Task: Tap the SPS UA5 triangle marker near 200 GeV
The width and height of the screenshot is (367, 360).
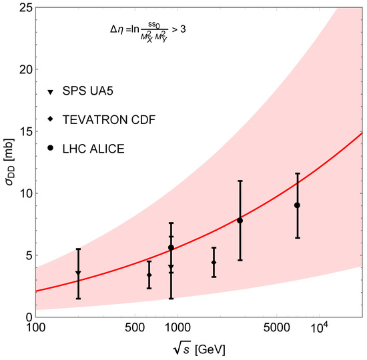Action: tap(78, 273)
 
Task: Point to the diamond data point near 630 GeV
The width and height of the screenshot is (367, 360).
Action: tap(149, 275)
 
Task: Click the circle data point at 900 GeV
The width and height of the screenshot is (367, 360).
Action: tap(171, 247)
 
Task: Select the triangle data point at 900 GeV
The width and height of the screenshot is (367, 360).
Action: tap(171, 267)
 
